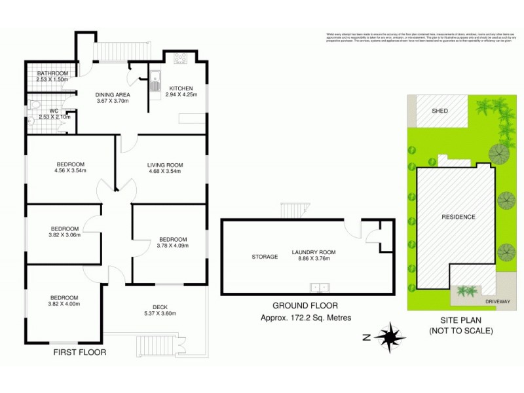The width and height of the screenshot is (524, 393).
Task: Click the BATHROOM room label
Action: click(x=52, y=73)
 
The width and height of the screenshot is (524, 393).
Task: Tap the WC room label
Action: click(x=45, y=111)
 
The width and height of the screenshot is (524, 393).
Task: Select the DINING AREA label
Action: click(x=113, y=94)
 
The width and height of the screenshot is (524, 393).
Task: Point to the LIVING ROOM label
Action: click(x=164, y=164)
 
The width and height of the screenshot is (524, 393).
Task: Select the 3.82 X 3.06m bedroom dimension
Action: click(x=64, y=235)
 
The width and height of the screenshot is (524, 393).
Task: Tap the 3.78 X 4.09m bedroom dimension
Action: click(x=172, y=246)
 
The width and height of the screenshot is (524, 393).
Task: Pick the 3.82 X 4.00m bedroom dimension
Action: click(x=64, y=304)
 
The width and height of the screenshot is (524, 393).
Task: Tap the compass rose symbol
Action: click(x=390, y=337)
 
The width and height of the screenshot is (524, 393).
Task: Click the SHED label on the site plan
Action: click(x=440, y=111)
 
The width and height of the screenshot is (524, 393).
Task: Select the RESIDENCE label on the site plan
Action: click(x=458, y=217)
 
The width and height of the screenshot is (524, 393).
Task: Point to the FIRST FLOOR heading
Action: click(x=79, y=352)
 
